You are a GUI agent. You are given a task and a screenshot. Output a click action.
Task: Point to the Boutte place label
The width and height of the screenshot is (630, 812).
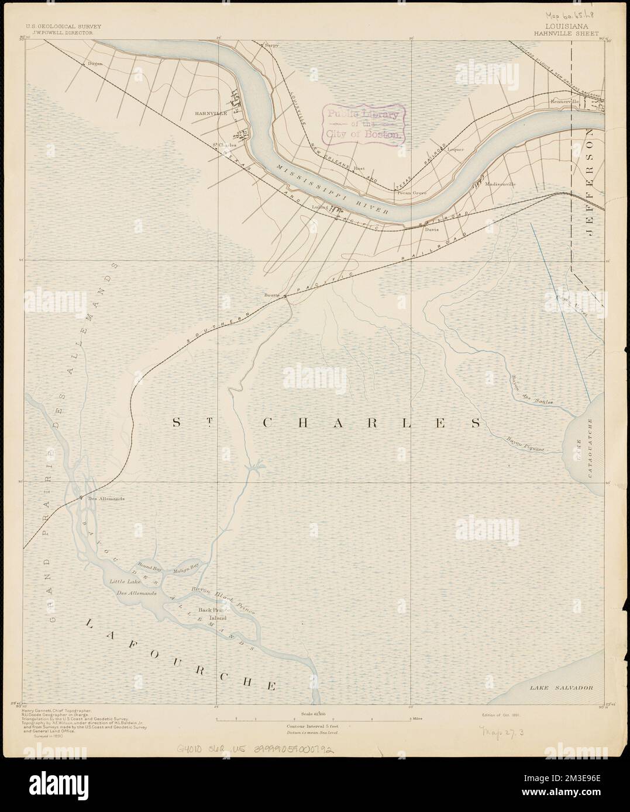[x=272, y=296]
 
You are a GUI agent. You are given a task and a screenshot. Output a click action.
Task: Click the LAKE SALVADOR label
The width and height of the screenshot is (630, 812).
[x=562, y=688]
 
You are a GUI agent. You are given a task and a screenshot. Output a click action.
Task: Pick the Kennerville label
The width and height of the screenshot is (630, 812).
[x=564, y=101]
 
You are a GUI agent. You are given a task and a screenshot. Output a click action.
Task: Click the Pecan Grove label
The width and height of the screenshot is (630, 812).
[x=412, y=192]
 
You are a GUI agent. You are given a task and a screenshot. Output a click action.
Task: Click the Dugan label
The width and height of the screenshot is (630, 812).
[x=95, y=64]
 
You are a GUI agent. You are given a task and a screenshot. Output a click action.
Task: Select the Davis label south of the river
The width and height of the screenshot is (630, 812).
[x=432, y=230]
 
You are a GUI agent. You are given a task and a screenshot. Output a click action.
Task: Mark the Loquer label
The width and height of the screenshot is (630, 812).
[x=455, y=150]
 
